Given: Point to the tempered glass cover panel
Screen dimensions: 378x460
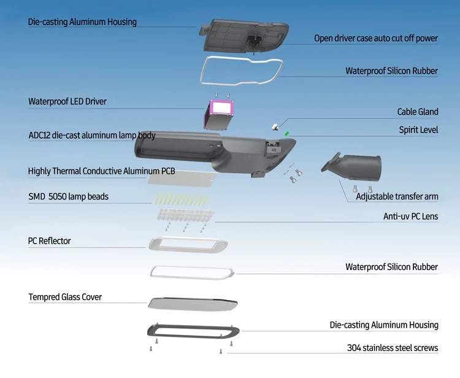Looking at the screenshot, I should point(192,303).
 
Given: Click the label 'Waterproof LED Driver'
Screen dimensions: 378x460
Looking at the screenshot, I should point(67,101).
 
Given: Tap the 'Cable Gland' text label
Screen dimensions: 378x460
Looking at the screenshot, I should point(418,112).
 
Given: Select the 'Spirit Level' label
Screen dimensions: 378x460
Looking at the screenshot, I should point(418,130).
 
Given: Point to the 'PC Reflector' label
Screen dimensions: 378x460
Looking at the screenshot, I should point(50,241).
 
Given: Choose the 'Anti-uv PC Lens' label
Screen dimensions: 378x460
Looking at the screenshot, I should point(410,216).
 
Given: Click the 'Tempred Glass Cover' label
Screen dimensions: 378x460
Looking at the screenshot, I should point(65,297).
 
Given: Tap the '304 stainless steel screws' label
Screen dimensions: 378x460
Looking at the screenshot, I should point(393,348).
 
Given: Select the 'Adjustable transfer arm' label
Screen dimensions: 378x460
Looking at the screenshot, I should point(397,197).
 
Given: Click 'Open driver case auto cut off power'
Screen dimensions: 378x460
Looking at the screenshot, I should point(376,38).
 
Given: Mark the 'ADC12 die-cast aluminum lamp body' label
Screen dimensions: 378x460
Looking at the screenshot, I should point(92,135).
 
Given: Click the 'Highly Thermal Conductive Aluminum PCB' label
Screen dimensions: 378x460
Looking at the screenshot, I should point(102,171).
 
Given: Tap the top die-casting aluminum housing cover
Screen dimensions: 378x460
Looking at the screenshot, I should point(243,36).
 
